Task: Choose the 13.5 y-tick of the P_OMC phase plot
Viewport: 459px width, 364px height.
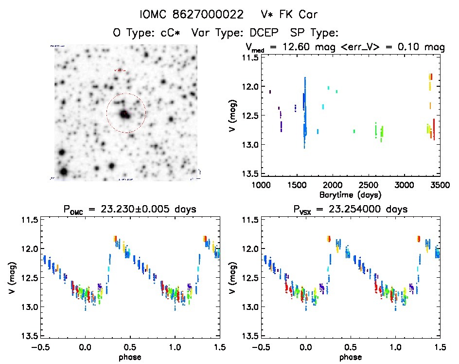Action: [x=29, y=336]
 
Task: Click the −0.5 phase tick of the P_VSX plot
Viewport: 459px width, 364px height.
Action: [x=258, y=347]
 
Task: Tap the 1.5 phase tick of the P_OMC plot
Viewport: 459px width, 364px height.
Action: [x=219, y=347]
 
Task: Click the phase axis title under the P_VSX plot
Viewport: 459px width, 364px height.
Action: [x=350, y=357]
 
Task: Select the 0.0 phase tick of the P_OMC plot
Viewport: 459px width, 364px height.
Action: [x=85, y=347]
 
